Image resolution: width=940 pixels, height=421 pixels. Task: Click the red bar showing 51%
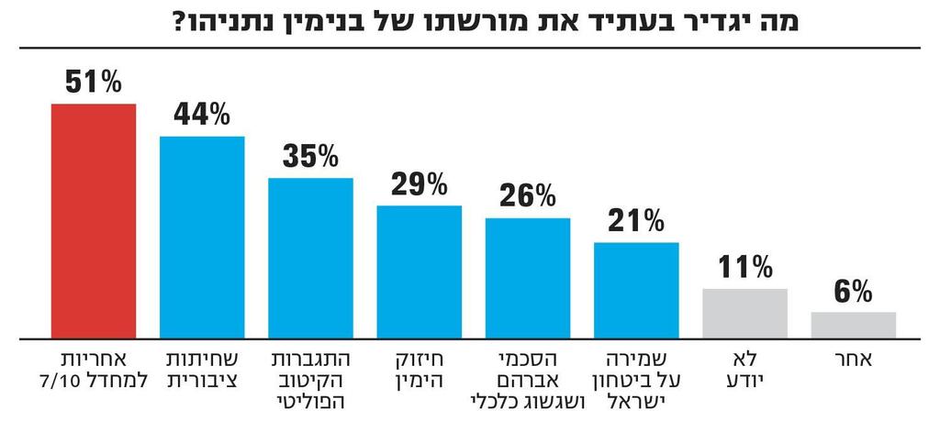click(x=93, y=220)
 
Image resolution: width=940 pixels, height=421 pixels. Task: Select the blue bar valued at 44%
click(x=202, y=237)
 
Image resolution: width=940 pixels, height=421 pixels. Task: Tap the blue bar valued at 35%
click(x=310, y=258)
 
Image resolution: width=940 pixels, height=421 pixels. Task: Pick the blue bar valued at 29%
click(x=420, y=271)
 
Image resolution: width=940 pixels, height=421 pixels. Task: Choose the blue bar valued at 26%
click(x=528, y=278)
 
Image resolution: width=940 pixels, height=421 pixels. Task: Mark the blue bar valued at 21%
click(x=636, y=290)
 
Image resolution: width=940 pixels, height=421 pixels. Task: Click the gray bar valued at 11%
click(x=744, y=313)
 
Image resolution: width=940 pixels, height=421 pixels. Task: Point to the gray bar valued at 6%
click(x=854, y=325)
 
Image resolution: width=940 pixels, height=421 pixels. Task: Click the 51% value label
click(x=93, y=83)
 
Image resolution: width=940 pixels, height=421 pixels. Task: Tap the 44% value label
click(x=202, y=116)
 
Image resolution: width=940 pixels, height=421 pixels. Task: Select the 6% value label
click(x=854, y=292)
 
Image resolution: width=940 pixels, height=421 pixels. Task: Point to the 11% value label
click(x=744, y=269)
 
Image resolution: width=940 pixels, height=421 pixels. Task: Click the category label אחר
click(x=854, y=360)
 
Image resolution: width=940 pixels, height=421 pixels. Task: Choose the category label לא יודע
click(x=744, y=369)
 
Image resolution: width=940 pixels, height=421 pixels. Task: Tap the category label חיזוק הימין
click(x=420, y=369)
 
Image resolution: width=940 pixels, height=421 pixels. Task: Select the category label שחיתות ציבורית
click(x=202, y=369)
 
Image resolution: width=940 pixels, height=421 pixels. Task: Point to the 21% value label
click(x=636, y=221)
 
